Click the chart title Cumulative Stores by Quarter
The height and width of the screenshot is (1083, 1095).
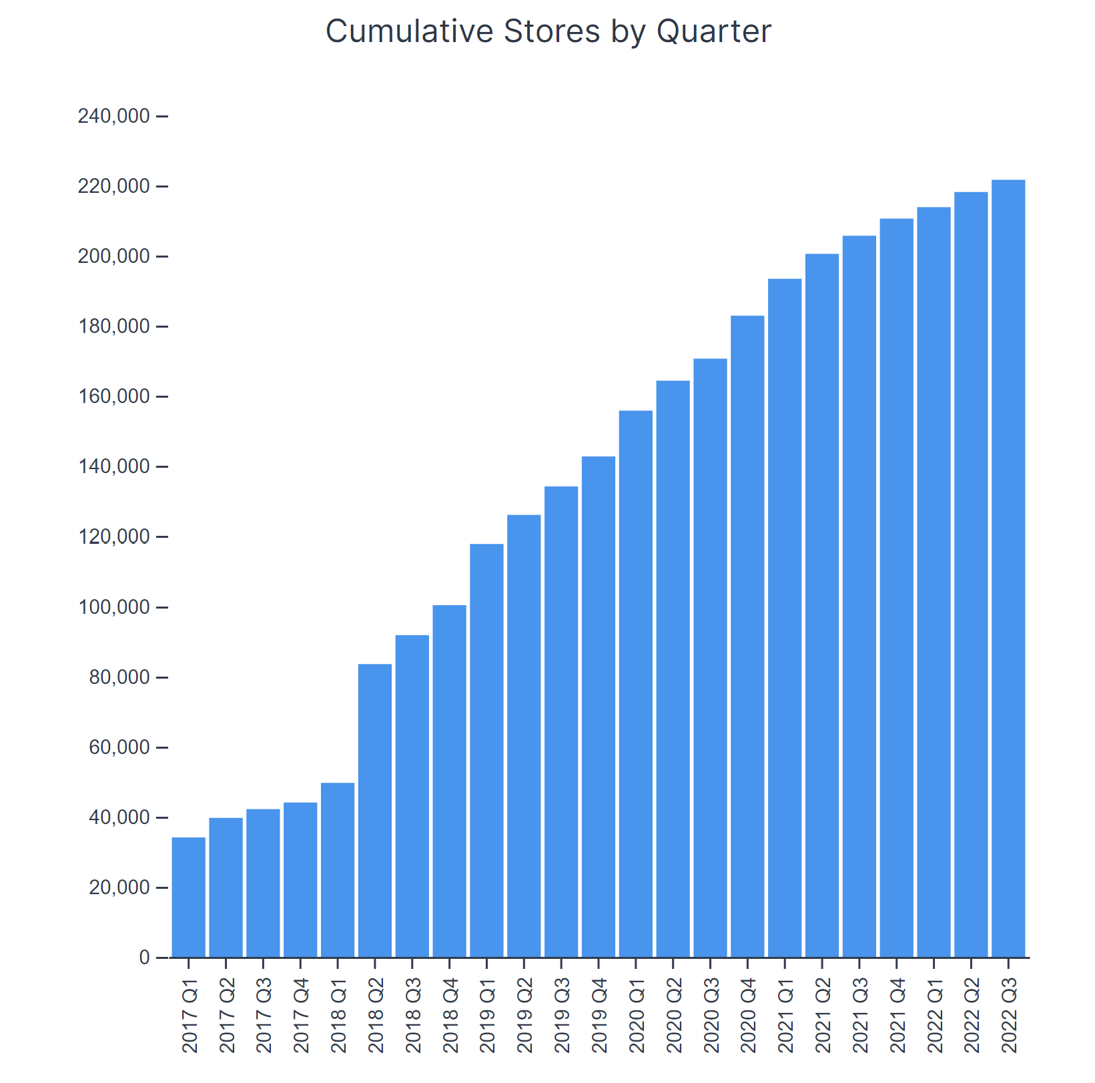(x=548, y=31)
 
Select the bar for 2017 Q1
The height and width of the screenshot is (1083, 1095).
(x=189, y=897)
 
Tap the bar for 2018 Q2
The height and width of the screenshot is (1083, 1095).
(x=375, y=810)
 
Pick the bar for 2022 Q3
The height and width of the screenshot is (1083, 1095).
(x=1008, y=569)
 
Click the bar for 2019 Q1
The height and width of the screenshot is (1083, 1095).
(x=486, y=750)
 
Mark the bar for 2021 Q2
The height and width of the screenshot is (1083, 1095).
(x=822, y=605)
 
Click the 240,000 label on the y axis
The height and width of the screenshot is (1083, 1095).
(x=113, y=117)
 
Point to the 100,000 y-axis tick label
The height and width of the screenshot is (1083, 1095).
(x=113, y=608)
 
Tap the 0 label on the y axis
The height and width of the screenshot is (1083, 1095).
(x=144, y=958)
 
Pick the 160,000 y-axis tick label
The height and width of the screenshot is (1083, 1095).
(x=113, y=397)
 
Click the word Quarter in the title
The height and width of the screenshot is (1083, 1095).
(x=713, y=31)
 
